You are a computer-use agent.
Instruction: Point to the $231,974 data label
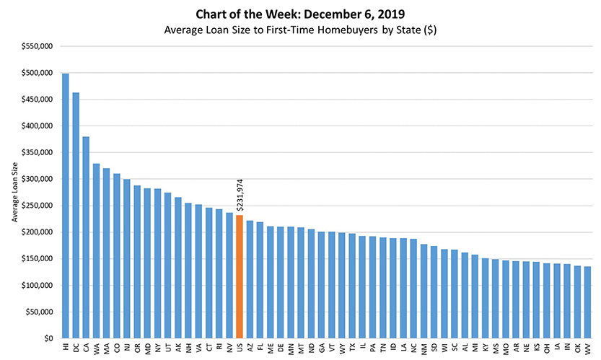click(240, 193)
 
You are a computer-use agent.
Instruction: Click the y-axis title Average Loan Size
click(14, 196)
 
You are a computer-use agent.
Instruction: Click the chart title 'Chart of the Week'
click(300, 14)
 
